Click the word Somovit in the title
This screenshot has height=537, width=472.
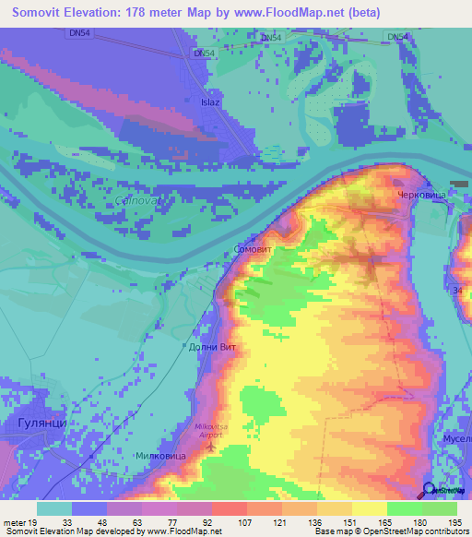pyautogui.click(x=44, y=14)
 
